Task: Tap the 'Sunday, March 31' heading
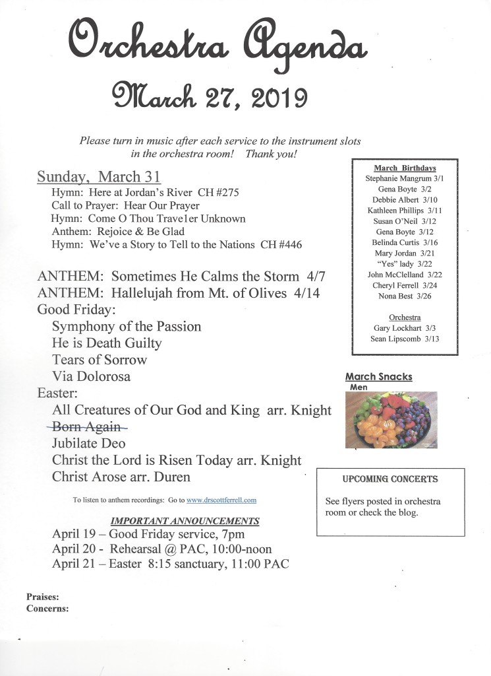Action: point(99,176)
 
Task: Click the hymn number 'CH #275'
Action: point(217,193)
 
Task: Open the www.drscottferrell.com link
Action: point(221,500)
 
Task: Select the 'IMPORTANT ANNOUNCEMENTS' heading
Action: point(185,521)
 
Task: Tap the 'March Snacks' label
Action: point(379,377)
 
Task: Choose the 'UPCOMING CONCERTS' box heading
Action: point(390,479)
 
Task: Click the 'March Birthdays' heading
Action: point(405,168)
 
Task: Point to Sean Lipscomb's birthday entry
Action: point(405,339)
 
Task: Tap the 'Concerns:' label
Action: point(47,609)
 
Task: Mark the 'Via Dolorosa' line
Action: point(91,376)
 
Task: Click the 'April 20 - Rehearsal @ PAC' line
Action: point(161,549)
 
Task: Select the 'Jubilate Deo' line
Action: point(88,443)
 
